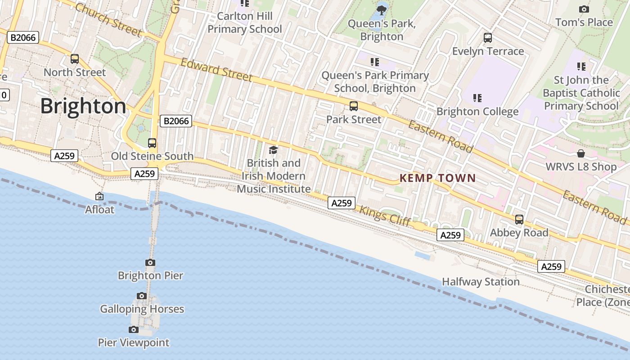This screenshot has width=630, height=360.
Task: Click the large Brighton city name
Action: point(83,106)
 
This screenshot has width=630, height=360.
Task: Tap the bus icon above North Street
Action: point(75,59)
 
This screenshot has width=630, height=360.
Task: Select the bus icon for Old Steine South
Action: point(152,143)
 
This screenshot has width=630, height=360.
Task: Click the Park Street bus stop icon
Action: point(354,106)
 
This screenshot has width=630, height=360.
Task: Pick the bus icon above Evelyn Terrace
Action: point(488,38)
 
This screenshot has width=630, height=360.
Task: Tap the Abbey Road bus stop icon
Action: point(519,220)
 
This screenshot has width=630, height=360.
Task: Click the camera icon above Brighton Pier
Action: point(150,262)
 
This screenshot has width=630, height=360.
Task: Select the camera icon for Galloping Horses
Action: point(142,296)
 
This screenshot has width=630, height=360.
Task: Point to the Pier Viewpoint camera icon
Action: point(134,329)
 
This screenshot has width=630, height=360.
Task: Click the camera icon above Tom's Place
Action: point(584,9)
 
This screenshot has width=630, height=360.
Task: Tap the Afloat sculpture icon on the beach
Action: point(99,196)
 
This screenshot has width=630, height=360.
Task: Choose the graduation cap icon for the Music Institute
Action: point(273,150)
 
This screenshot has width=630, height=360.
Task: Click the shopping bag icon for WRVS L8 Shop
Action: point(581,153)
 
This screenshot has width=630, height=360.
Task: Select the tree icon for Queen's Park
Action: point(382,9)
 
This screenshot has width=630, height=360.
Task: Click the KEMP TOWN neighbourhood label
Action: point(437,178)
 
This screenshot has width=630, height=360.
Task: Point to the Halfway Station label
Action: point(481,282)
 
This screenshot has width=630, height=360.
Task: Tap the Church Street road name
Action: point(108,20)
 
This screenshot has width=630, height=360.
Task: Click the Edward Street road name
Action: point(216,70)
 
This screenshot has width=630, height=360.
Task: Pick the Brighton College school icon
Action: point(477,98)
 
